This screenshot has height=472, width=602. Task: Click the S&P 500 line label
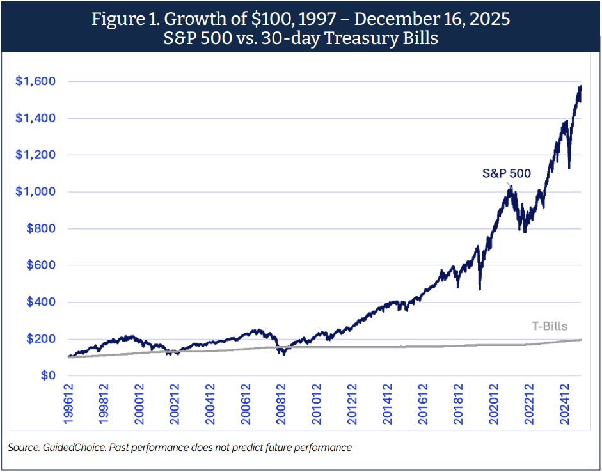pyautogui.click(x=506, y=173)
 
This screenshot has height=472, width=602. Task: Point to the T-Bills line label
pyautogui.click(x=550, y=326)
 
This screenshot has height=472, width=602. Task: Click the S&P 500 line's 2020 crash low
pyautogui.click(x=479, y=289)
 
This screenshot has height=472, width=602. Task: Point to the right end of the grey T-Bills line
pyautogui.click(x=581, y=340)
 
